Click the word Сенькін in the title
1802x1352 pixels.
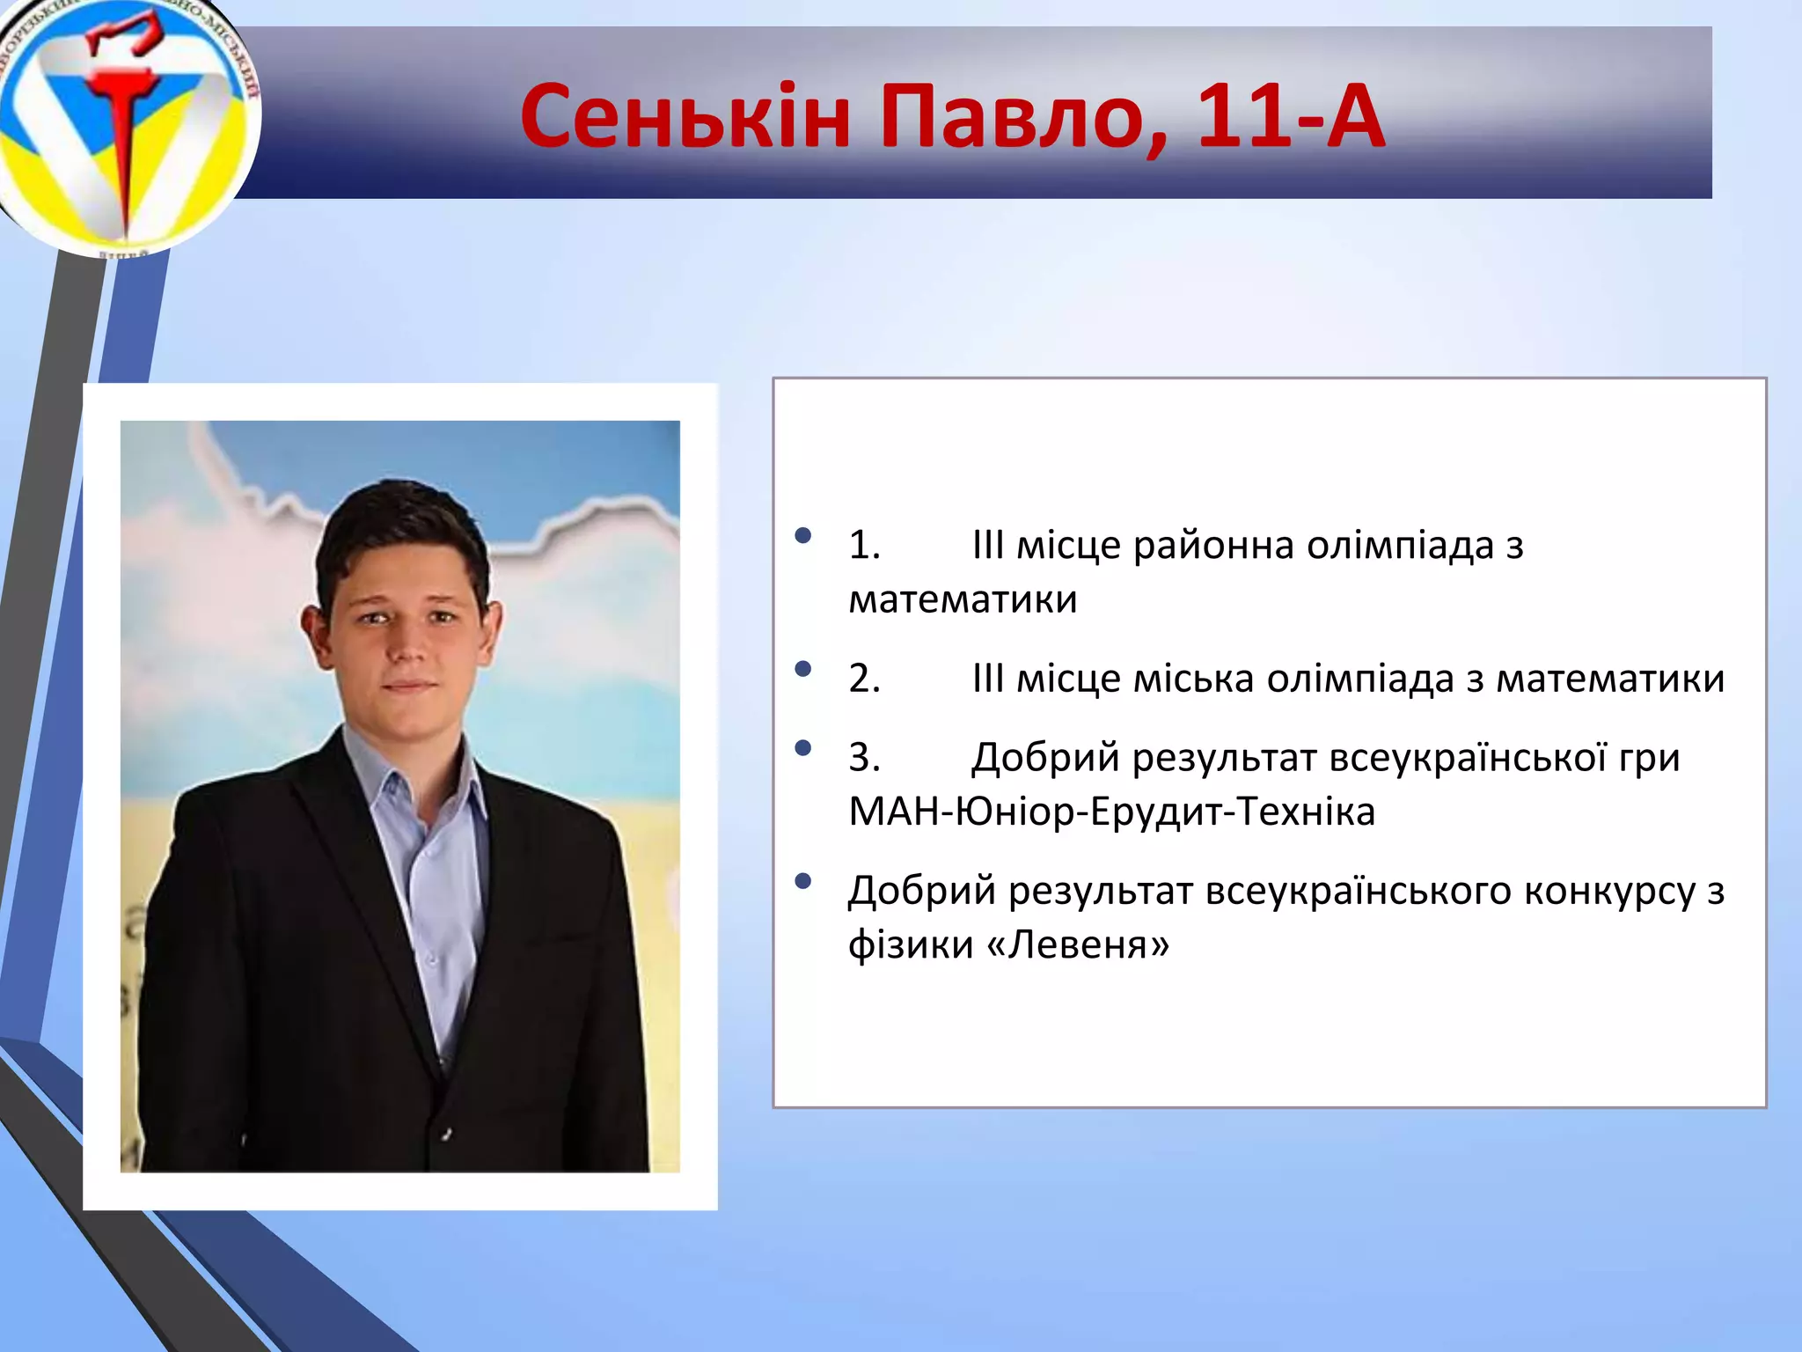(685, 117)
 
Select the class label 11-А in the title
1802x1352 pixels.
(1290, 117)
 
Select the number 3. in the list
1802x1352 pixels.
(864, 758)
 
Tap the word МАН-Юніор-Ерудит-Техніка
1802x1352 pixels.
(1111, 812)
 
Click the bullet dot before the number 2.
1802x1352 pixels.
(802, 669)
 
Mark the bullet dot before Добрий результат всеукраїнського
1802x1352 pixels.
(802, 881)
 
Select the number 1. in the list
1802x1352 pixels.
(864, 546)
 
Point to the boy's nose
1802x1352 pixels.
(407, 647)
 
